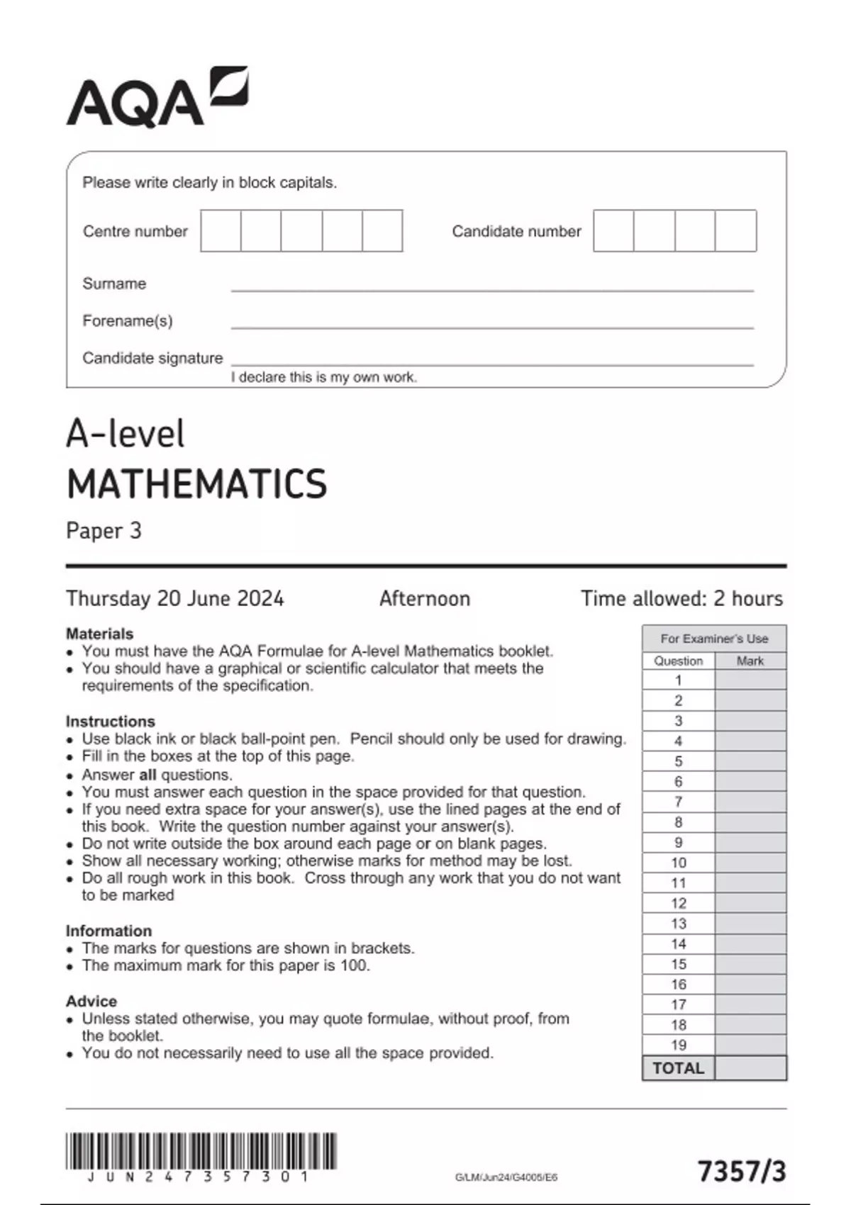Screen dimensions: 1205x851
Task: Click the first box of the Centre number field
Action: click(221, 230)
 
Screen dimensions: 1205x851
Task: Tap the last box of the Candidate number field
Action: click(735, 230)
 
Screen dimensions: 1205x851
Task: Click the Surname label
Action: click(114, 284)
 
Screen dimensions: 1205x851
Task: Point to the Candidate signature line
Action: click(491, 364)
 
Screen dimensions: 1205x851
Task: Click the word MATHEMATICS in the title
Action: click(196, 484)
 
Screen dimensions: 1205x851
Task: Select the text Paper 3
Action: click(104, 531)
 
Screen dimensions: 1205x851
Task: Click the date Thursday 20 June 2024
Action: click(174, 598)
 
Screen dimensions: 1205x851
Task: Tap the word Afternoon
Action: click(424, 598)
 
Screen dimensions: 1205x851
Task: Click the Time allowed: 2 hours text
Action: click(682, 598)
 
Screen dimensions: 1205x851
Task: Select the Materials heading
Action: click(99, 634)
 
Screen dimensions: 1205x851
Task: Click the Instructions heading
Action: click(110, 721)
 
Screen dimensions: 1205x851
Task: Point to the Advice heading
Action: click(91, 1001)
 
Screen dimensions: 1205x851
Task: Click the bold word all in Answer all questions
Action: click(148, 775)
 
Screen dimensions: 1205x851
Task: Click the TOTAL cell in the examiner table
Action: click(678, 1068)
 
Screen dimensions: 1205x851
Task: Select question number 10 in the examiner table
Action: click(678, 863)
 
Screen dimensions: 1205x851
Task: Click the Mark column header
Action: click(750, 661)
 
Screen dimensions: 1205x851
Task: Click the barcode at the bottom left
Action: click(201, 1152)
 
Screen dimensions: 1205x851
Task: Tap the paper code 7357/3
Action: click(742, 1171)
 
